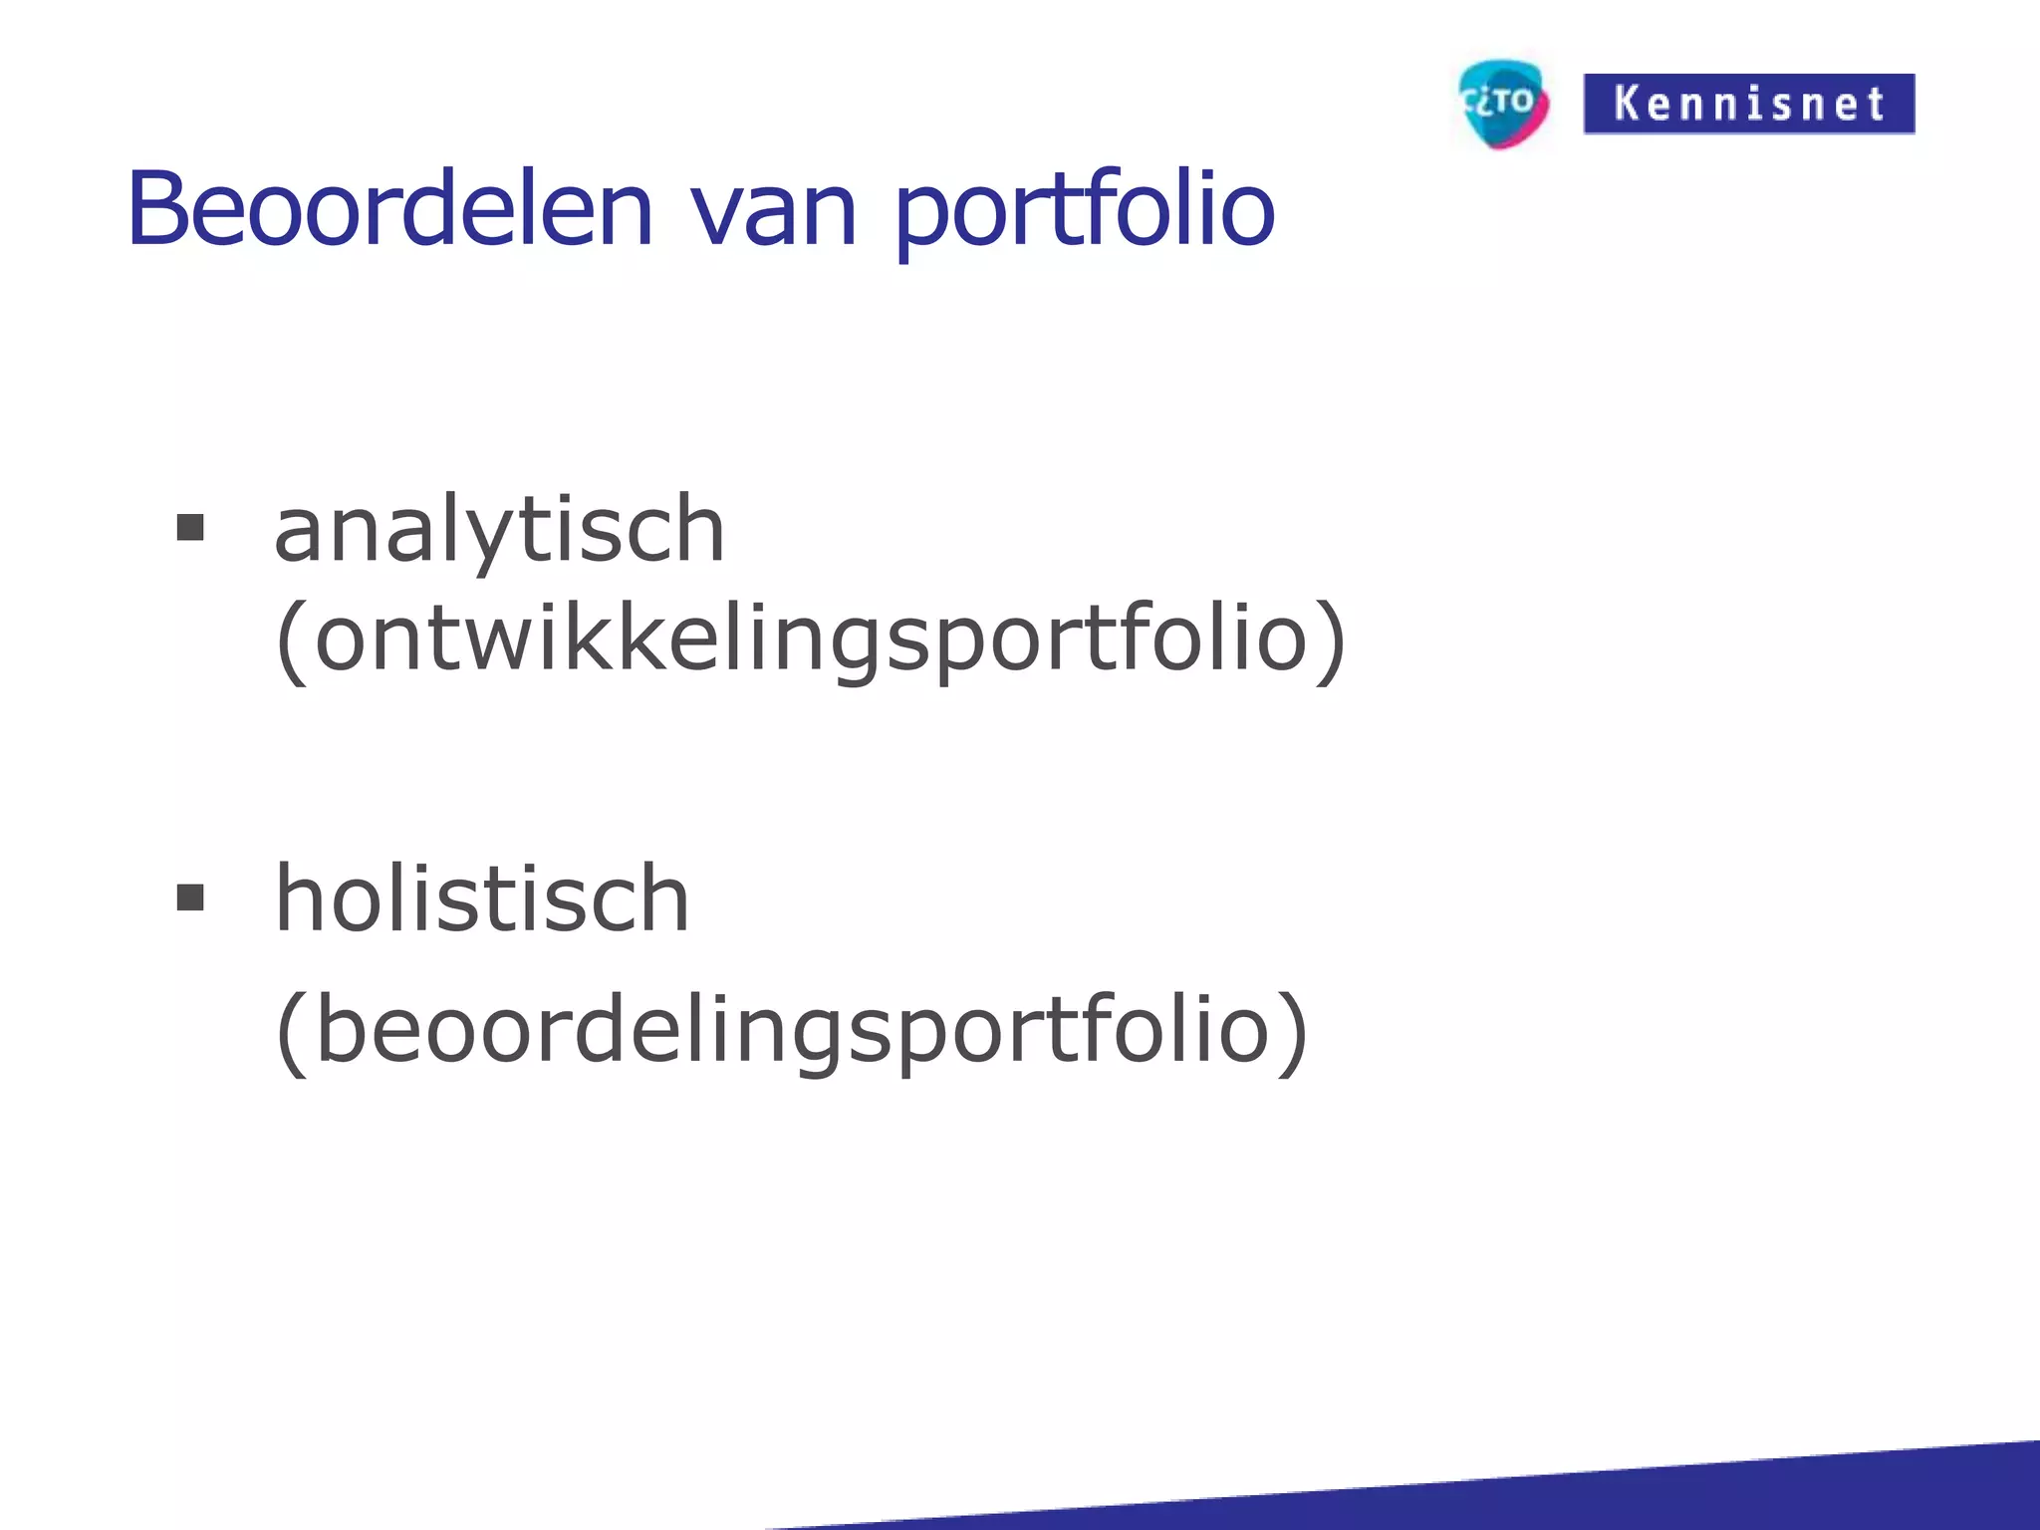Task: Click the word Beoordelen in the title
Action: [388, 209]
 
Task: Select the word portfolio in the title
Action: [1084, 211]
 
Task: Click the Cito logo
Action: [1502, 103]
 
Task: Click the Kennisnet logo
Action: [1748, 104]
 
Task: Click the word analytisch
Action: [498, 530]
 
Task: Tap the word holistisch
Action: [481, 899]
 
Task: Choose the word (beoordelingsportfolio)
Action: [791, 1031]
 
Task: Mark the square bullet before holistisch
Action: [189, 897]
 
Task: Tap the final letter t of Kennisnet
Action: [1876, 104]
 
